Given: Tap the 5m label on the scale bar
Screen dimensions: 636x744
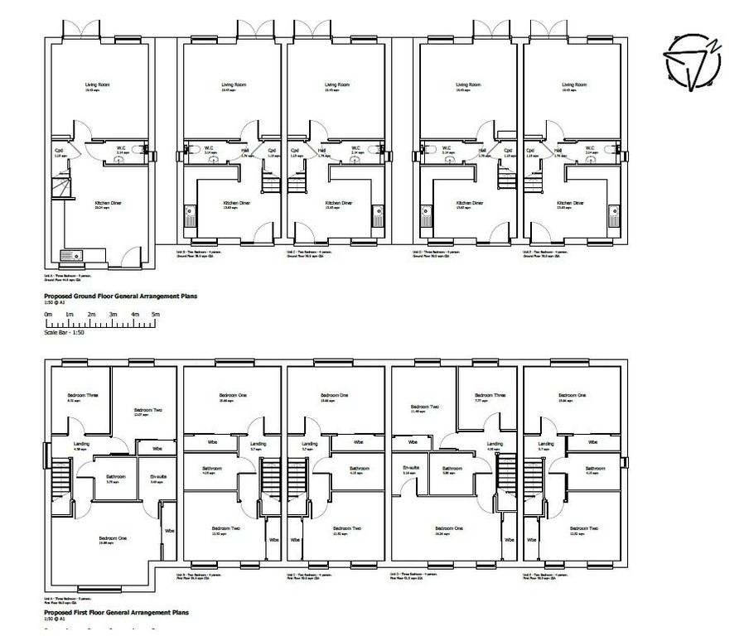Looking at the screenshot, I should [x=156, y=315].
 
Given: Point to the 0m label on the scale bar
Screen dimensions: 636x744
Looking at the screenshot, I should [x=48, y=315].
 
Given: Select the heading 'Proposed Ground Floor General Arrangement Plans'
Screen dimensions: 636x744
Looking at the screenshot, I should [x=120, y=295].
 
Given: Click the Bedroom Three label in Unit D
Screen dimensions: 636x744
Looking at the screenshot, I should [x=489, y=396].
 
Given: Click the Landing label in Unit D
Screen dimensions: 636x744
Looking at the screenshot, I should [x=495, y=444].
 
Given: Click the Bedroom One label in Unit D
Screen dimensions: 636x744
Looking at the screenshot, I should [x=448, y=528].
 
